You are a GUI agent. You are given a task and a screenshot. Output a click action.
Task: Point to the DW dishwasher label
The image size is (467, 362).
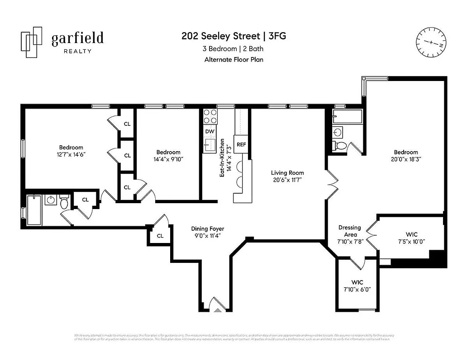pyautogui.click(x=209, y=132)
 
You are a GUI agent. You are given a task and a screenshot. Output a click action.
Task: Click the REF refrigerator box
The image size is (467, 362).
pyautogui.click(x=241, y=144)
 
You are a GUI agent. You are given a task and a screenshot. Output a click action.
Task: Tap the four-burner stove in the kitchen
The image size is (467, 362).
pyautogui.click(x=210, y=117)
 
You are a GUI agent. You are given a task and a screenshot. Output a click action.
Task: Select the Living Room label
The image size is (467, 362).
pyautogui.click(x=287, y=172)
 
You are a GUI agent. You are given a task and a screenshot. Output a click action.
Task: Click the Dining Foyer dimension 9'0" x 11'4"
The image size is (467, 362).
pyautogui.click(x=207, y=235)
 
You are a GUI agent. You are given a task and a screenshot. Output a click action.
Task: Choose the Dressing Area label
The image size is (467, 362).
pyautogui.click(x=349, y=231)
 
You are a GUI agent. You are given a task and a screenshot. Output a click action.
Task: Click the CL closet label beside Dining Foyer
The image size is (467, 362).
pyautogui.click(x=160, y=236)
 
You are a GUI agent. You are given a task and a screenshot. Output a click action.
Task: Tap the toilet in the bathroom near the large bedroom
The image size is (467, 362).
pyautogui.click(x=341, y=146)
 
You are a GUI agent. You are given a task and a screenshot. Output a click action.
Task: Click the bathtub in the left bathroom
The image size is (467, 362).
pyautogui.click(x=34, y=210)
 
